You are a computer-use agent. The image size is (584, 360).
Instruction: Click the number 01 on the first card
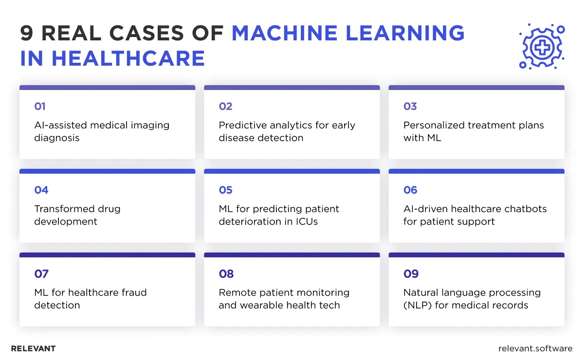(x=39, y=107)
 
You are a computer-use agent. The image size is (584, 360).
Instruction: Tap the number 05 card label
(x=225, y=190)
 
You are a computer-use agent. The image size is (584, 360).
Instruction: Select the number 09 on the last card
(x=411, y=274)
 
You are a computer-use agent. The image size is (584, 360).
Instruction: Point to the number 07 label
(x=41, y=274)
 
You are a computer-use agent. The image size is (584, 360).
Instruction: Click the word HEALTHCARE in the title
(x=128, y=58)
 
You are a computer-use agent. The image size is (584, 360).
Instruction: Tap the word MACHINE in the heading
(x=284, y=33)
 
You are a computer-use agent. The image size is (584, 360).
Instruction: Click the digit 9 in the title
(x=27, y=33)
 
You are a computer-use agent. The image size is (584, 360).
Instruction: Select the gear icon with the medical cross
(x=541, y=46)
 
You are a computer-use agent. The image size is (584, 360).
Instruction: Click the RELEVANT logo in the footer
(x=33, y=348)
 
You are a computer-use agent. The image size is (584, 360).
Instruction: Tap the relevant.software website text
(x=535, y=348)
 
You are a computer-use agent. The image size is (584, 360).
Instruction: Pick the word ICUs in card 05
(x=306, y=221)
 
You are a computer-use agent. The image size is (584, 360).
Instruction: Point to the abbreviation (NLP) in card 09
(x=419, y=305)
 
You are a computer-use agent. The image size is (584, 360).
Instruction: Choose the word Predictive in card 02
(x=242, y=125)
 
